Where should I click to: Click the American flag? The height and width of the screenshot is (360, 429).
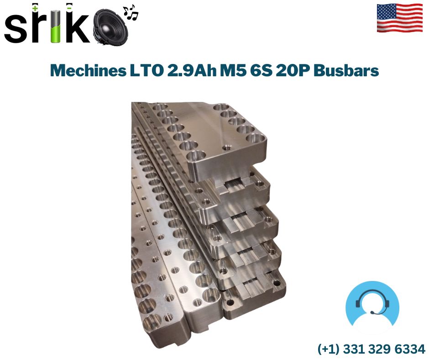pyautogui.click(x=400, y=18)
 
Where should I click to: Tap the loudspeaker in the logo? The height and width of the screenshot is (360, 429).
pyautogui.click(x=111, y=26)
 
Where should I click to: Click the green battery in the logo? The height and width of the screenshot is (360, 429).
pyautogui.click(x=56, y=26)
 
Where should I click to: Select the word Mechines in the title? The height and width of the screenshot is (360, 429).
pyautogui.click(x=88, y=70)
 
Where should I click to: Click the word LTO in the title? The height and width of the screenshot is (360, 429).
pyautogui.click(x=146, y=70)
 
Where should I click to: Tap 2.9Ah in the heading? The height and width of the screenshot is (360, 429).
pyautogui.click(x=191, y=70)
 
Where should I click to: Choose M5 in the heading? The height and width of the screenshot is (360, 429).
pyautogui.click(x=233, y=70)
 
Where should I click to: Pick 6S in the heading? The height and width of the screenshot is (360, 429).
pyautogui.click(x=261, y=70)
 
